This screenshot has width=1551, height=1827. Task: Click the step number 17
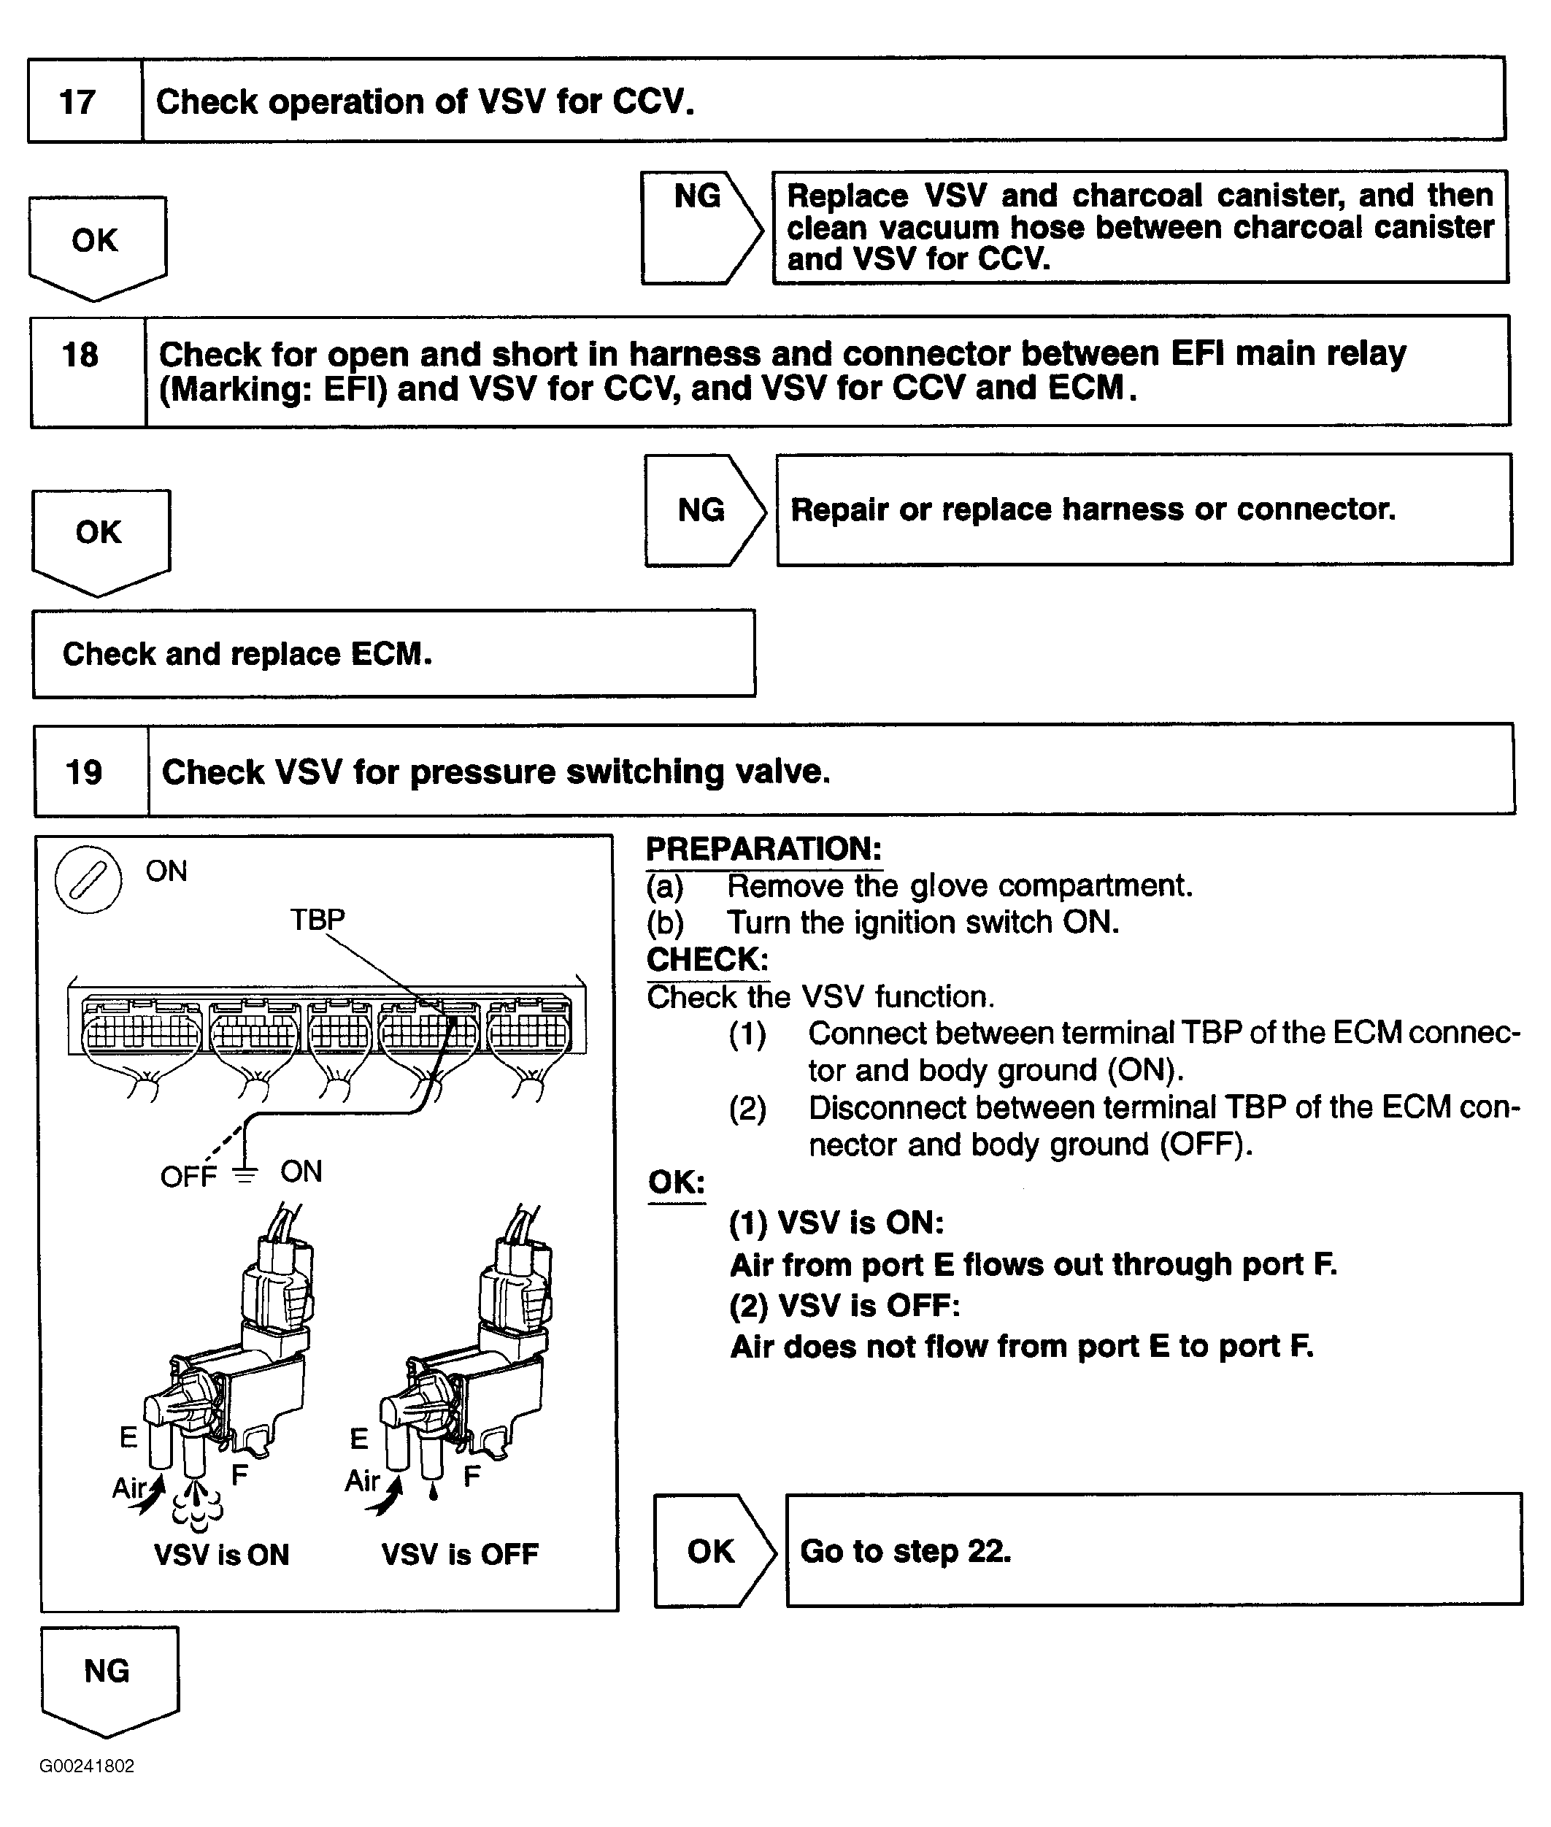coord(77,102)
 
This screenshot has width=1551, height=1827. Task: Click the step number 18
coord(80,355)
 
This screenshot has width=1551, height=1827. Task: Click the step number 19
coord(85,772)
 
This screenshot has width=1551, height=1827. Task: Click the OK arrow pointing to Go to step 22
coord(712,1551)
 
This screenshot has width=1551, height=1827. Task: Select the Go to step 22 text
coord(906,1551)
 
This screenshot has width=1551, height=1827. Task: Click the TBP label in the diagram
coord(317,919)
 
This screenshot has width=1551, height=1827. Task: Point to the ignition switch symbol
coord(88,880)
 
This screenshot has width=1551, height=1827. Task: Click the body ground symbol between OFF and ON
coord(245,1174)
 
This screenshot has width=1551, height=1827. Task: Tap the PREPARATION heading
coord(763,850)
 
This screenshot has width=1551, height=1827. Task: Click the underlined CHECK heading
coord(707,959)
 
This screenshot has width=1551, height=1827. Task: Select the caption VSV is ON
coord(222,1555)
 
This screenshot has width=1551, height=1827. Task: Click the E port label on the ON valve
coord(128,1437)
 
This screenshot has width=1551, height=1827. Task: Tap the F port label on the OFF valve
coord(472,1476)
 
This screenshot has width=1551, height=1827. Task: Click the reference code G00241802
coord(86,1766)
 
